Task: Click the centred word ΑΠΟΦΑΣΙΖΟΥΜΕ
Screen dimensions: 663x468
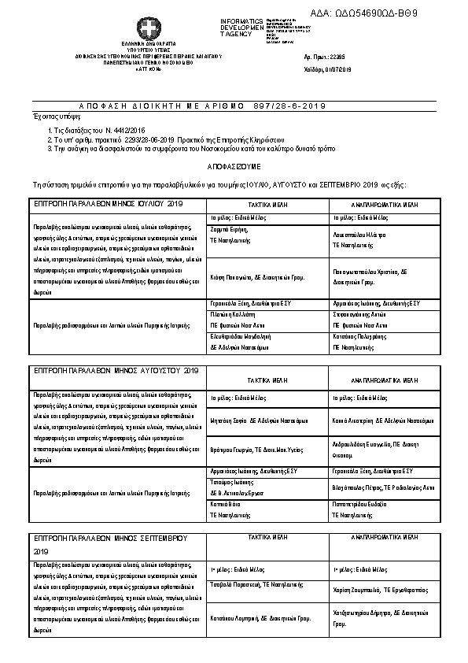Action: pyautogui.click(x=234, y=168)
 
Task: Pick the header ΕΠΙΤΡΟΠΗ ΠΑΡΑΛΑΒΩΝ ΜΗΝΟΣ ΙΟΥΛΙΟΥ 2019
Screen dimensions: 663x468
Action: pyautogui.click(x=108, y=203)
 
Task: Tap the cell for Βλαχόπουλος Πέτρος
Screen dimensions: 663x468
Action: pyautogui.click(x=383, y=487)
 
